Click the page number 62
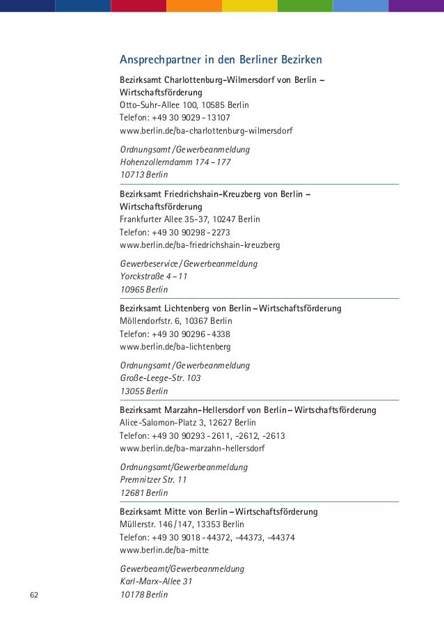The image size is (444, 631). tap(33, 595)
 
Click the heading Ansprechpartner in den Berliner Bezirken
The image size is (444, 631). tap(221, 59)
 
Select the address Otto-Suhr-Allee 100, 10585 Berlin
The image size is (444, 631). tap(184, 105)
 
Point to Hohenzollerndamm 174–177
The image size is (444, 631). tap(175, 162)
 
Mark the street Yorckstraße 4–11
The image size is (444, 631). tap(154, 276)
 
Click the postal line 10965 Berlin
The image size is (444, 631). tap(143, 289)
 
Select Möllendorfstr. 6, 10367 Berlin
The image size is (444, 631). tap(176, 321)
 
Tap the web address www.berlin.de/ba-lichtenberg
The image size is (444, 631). tap(175, 346)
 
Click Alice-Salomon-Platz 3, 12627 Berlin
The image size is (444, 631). tap(188, 423)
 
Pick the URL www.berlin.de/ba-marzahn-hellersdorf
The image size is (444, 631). tap(192, 448)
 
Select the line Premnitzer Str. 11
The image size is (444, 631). tap(153, 480)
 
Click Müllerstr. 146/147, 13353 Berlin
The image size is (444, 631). tap(182, 524)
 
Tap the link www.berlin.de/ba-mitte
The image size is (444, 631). tap(164, 550)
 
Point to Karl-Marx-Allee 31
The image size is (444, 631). tap(156, 582)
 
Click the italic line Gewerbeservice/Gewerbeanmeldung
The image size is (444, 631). tap(189, 263)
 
